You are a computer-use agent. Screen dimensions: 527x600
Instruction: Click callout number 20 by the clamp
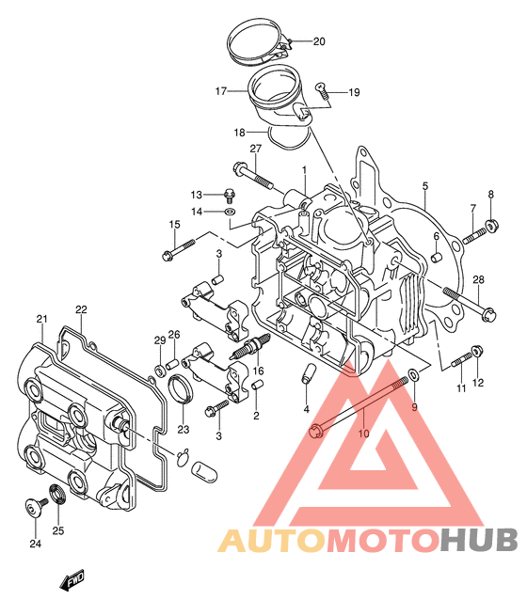coord(319,41)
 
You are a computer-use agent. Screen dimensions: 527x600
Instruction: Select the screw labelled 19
coord(322,90)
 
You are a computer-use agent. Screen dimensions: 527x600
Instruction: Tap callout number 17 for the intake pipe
coord(221,91)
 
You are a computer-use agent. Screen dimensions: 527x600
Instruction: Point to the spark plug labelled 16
coord(249,347)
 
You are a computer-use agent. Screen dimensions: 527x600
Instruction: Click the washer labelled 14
coord(230,211)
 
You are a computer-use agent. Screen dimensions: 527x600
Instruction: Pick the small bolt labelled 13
coord(230,196)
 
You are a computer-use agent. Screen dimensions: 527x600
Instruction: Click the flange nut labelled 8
coord(491,226)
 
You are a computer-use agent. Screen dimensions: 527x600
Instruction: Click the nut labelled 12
coord(476,351)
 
